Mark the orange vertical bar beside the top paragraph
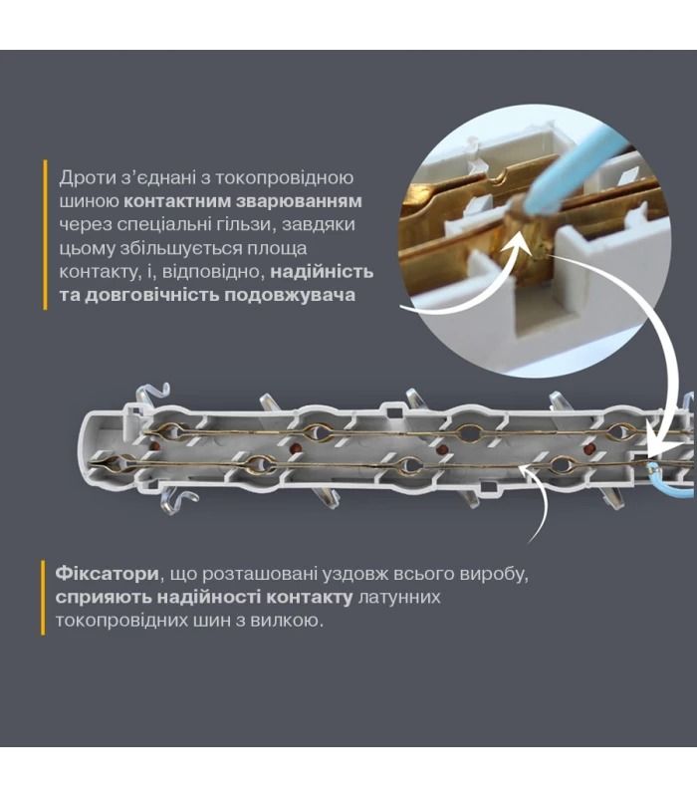coord(45,235)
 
